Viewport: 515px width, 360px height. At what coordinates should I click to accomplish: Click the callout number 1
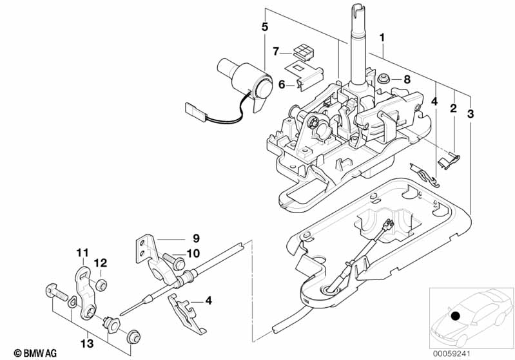pyautogui.click(x=382, y=38)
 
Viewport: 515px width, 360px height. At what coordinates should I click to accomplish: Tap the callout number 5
pyautogui.click(x=265, y=27)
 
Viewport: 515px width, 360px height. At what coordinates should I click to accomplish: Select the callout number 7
pyautogui.click(x=276, y=52)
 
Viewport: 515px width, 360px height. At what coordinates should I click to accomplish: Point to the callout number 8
pyautogui.click(x=407, y=79)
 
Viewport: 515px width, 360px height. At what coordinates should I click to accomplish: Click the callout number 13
pyautogui.click(x=88, y=344)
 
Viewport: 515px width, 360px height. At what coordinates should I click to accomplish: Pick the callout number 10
pyautogui.click(x=193, y=253)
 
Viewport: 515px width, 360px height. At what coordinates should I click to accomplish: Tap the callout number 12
pyautogui.click(x=101, y=263)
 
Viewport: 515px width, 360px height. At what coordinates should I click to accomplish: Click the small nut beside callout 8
pyautogui.click(x=383, y=79)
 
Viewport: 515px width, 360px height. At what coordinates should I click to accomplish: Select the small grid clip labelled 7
pyautogui.click(x=304, y=53)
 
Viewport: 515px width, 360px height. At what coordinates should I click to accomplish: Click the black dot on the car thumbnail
pyautogui.click(x=454, y=316)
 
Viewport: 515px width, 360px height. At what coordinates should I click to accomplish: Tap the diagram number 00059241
pyautogui.click(x=451, y=354)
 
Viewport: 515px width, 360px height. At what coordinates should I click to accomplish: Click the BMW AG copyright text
pyautogui.click(x=35, y=353)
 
